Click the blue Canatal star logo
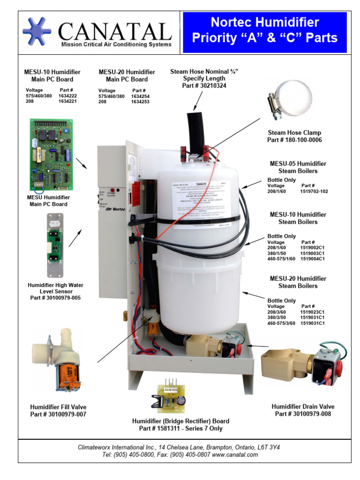tap(37, 31)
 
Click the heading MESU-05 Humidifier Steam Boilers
tap(298, 167)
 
